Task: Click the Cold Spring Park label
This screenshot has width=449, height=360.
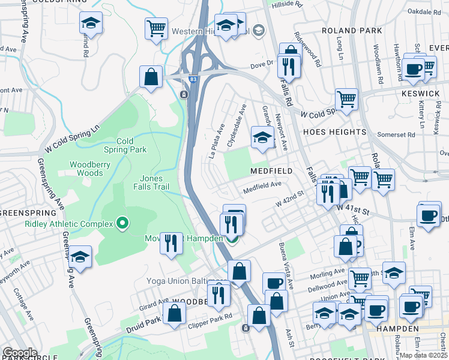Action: [x=125, y=145]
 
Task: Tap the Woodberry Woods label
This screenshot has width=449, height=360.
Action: [x=94, y=169]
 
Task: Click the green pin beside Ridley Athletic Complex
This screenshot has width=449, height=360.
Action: [x=123, y=224]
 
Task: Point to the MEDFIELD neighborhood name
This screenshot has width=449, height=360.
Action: [x=271, y=171]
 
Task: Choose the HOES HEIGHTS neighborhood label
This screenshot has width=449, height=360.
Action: [x=334, y=131]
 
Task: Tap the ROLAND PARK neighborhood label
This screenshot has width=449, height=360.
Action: [x=352, y=31]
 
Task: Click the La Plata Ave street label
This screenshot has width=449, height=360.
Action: [x=217, y=141]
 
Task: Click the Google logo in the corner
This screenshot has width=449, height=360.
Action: [x=20, y=353]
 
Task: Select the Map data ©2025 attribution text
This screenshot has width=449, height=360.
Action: [x=423, y=355]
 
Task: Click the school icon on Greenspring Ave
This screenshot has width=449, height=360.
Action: [x=80, y=257]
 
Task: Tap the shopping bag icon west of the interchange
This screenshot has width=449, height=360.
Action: [x=151, y=77]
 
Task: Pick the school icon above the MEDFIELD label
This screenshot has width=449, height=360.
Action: [x=262, y=137]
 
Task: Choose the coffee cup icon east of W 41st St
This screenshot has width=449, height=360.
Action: [x=428, y=215]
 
